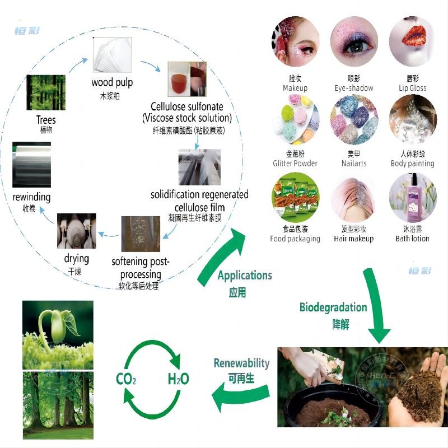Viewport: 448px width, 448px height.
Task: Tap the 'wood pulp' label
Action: [112, 83]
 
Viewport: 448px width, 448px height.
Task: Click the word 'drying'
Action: [77, 258]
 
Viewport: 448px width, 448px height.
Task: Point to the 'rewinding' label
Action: [31, 197]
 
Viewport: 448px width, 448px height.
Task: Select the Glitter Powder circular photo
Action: [295, 119]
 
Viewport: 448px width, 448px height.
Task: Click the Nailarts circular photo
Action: [354, 119]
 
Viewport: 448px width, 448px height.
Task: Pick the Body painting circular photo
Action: [413, 119]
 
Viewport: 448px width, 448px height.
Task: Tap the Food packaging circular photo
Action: [295, 197]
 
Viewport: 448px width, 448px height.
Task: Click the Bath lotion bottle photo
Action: [413, 197]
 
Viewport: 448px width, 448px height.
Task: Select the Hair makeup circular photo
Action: [354, 197]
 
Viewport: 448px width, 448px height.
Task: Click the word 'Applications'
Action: [245, 275]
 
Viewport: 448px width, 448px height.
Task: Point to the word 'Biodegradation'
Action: [333, 307]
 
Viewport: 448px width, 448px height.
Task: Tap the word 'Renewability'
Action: [241, 363]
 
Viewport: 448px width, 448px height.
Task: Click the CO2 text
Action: [126, 380]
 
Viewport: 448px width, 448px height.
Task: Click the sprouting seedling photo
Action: [58, 334]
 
